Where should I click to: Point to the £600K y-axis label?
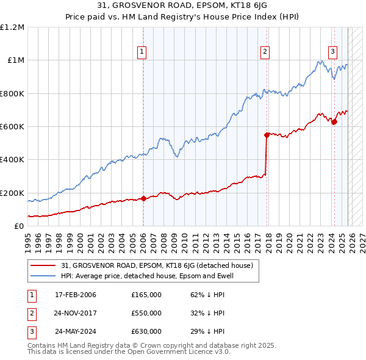(x=12, y=127)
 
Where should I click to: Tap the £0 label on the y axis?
(x=18, y=226)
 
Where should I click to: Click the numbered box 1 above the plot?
(x=142, y=52)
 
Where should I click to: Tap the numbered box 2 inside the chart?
(x=265, y=52)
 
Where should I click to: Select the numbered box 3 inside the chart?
(x=333, y=52)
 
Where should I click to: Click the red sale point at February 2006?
(x=143, y=198)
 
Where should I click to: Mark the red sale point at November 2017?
(x=267, y=135)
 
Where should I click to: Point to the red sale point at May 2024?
(x=334, y=121)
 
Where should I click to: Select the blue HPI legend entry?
(x=147, y=276)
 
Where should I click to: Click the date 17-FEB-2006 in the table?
(x=75, y=295)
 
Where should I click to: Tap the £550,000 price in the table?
(x=146, y=313)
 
